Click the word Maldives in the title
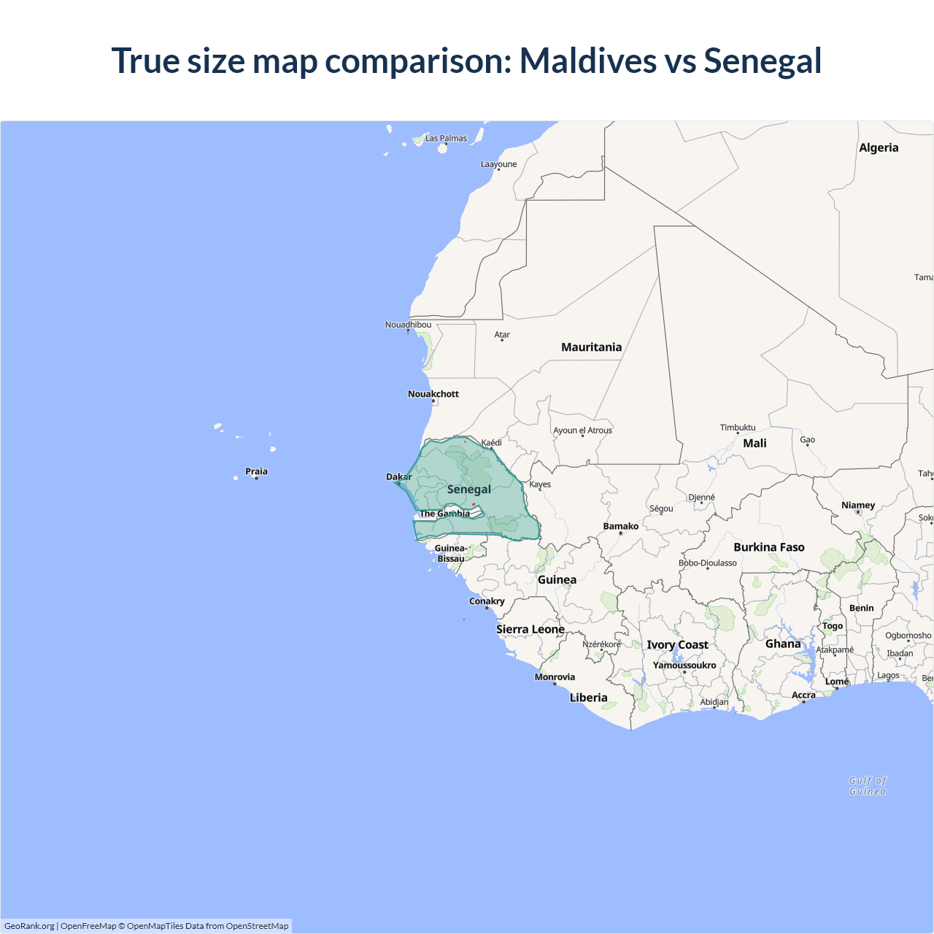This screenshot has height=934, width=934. [587, 61]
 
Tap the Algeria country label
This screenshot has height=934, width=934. [879, 147]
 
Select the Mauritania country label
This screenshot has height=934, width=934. [591, 347]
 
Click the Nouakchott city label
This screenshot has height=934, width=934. [433, 394]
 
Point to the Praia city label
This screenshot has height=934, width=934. [256, 471]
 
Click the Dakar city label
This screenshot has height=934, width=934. [398, 477]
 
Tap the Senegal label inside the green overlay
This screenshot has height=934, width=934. [468, 489]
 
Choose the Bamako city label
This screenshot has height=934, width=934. [620, 526]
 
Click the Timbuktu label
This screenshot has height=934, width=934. [738, 428]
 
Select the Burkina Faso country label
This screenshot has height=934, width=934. [769, 547]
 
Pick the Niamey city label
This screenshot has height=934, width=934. [858, 505]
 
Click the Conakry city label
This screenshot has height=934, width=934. [487, 601]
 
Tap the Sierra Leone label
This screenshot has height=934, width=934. [530, 629]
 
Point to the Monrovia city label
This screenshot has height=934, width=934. [555, 677]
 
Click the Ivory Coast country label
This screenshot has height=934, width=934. [677, 645]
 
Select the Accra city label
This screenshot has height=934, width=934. [803, 695]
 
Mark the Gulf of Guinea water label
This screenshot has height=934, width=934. [868, 786]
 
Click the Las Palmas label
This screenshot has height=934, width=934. [446, 138]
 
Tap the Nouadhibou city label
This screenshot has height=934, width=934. [408, 325]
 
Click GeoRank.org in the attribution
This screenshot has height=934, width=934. [29, 926]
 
